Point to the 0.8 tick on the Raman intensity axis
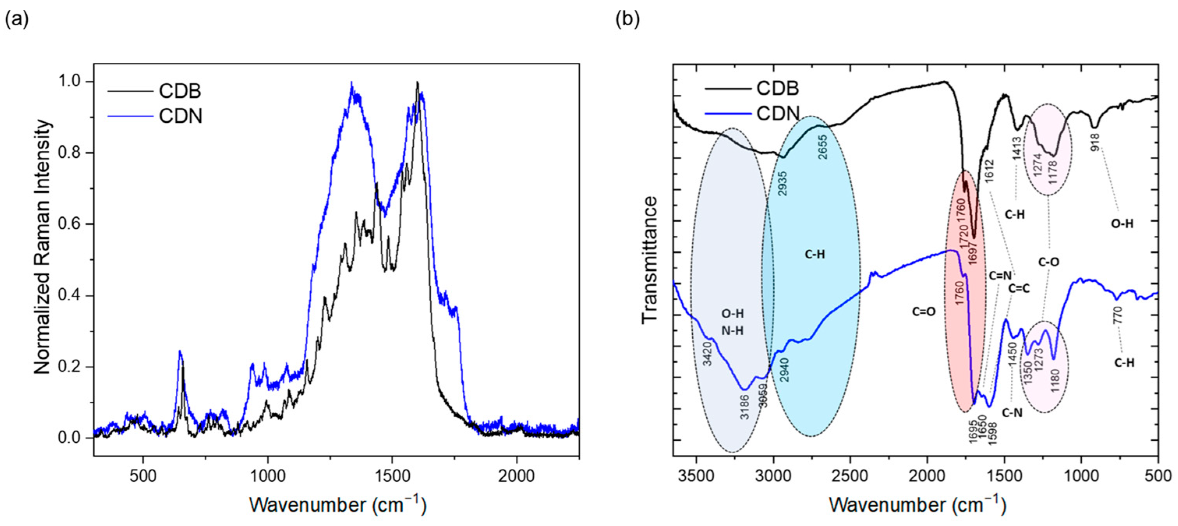pos(72,153)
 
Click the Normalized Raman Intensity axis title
pos(42,247)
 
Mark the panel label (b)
pos(628,19)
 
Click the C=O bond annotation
pos(924,312)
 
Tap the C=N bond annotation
pos(1000,275)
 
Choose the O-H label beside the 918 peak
pos(1122,224)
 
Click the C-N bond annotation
pos(1012,413)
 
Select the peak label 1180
pos(1054,381)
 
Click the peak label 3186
pos(745,407)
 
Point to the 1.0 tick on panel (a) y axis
pos(72,81)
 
